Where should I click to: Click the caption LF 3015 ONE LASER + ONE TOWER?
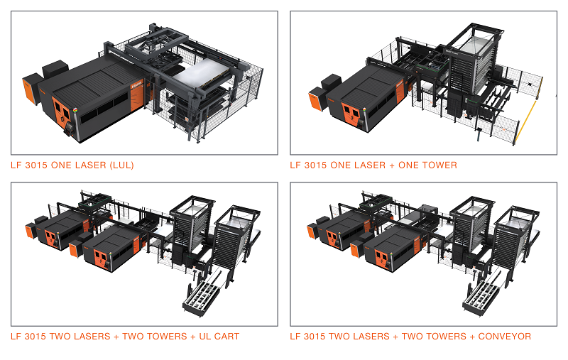click(x=373, y=165)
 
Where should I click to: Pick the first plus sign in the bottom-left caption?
click(x=116, y=337)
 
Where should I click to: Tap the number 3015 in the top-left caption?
click(x=35, y=165)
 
